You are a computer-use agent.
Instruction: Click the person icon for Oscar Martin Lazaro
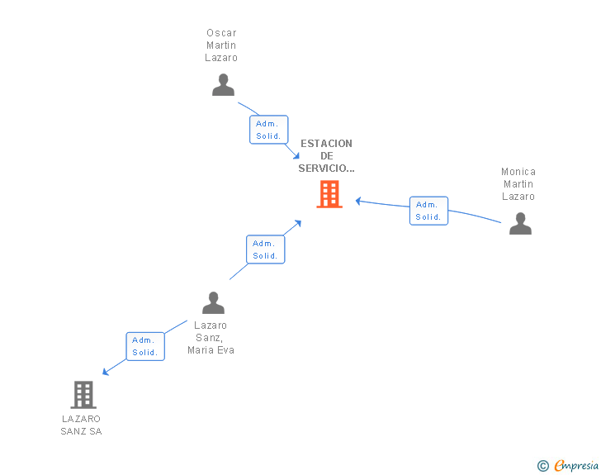click(x=223, y=85)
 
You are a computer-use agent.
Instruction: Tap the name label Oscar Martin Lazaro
click(x=221, y=45)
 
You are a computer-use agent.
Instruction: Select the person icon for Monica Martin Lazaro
click(x=520, y=224)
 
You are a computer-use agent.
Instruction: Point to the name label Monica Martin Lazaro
click(x=518, y=184)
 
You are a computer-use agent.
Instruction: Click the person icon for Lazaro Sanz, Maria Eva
click(x=213, y=303)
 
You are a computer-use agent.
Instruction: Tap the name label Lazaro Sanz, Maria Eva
click(x=211, y=337)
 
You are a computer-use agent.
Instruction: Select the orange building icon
click(x=329, y=194)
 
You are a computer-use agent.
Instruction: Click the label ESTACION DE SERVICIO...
click(x=326, y=155)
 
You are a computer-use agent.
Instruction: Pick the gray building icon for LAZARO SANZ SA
click(x=83, y=395)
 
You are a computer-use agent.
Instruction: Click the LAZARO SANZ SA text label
click(x=82, y=425)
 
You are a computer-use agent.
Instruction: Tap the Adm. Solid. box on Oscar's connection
click(x=268, y=130)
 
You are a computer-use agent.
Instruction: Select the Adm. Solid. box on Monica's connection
click(x=428, y=211)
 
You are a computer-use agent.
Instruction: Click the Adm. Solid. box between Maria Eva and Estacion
click(x=265, y=249)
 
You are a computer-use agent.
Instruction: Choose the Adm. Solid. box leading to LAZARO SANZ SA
click(x=144, y=346)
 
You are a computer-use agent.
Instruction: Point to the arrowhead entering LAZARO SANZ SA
click(x=105, y=373)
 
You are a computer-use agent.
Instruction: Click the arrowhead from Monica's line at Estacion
click(x=359, y=200)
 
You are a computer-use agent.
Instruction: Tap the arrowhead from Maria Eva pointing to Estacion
click(x=299, y=223)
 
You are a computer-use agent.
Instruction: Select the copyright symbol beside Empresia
click(x=542, y=466)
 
